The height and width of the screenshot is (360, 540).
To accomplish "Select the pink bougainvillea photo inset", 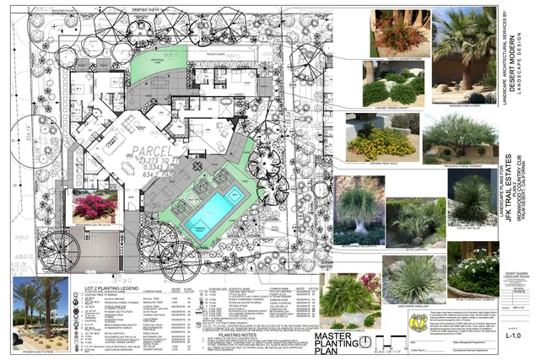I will point(95,207).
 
